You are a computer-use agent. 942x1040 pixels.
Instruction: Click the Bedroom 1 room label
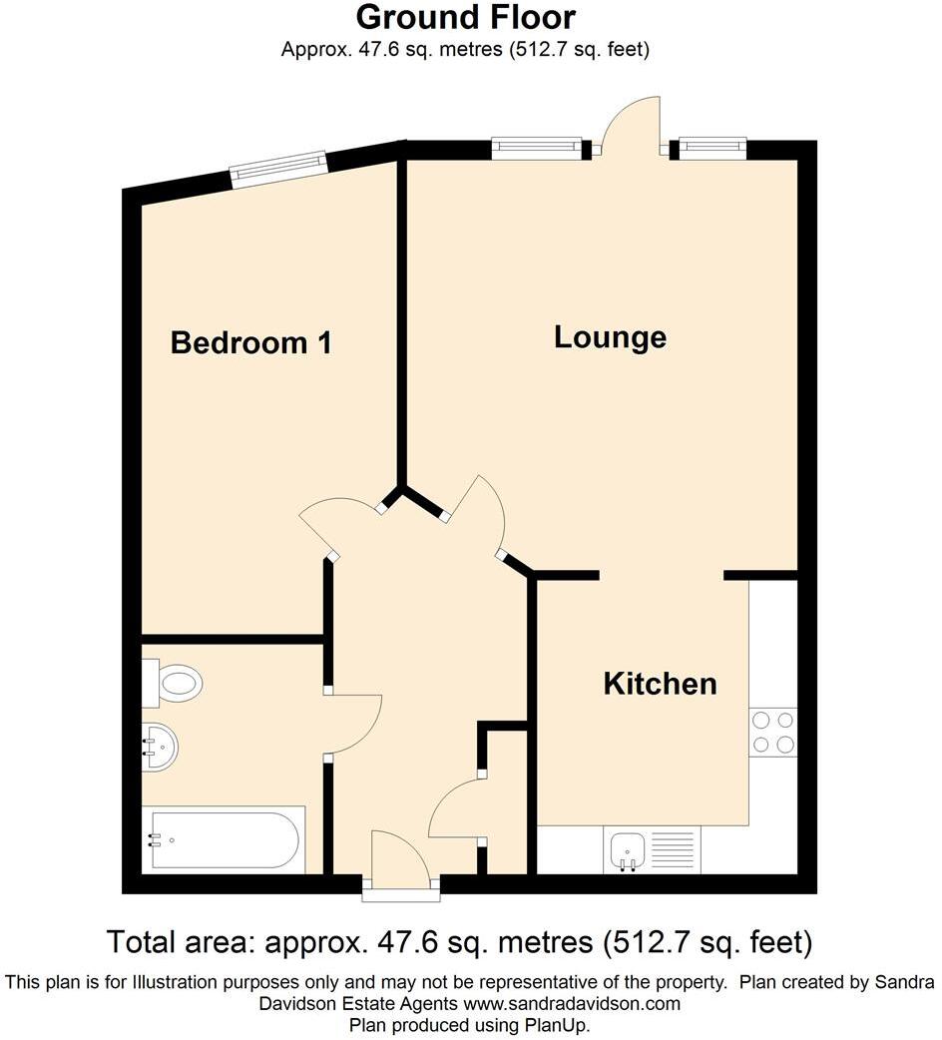click(x=250, y=343)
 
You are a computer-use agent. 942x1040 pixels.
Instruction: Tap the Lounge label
click(x=610, y=337)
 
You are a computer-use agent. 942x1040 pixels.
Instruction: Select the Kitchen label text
click(x=660, y=684)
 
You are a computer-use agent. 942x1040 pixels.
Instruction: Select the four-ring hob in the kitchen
click(x=773, y=731)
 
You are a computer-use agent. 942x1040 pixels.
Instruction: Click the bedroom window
click(x=278, y=169)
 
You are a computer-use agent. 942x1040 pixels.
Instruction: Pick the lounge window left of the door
click(x=536, y=148)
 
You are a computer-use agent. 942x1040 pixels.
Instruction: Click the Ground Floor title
click(x=465, y=17)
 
